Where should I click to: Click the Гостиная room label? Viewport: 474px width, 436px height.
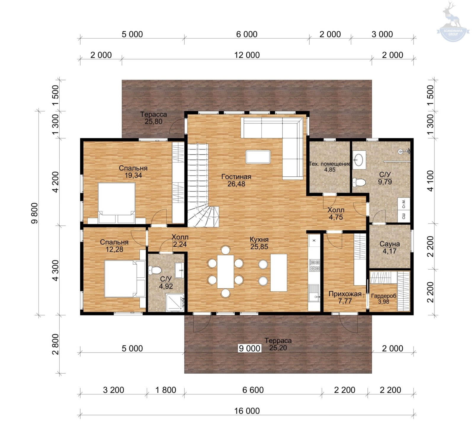coord(236,177)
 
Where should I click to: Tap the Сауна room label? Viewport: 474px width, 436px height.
coord(390,244)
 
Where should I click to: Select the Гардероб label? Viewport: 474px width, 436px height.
coord(384,296)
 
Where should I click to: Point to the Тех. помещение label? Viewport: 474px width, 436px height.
coord(330,164)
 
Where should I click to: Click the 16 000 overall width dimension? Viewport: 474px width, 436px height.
coord(247,411)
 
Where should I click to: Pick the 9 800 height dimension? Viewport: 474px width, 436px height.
coord(35,213)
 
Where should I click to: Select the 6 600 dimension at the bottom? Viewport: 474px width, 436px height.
coord(253,390)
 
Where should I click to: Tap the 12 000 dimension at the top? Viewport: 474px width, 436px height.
coord(247,55)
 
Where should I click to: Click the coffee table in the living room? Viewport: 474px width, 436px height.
coord(258,157)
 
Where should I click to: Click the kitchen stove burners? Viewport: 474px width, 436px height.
coord(314,265)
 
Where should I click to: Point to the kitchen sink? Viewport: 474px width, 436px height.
coord(314,293)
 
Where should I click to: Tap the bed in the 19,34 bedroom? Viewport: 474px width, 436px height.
coord(116,203)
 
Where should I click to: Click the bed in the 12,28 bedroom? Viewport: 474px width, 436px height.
coord(124,279)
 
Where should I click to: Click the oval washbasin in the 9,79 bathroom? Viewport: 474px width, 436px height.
coord(359,160)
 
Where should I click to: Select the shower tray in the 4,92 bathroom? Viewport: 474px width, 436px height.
coord(175,302)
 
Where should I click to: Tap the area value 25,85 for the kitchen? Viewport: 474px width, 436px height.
coord(259,247)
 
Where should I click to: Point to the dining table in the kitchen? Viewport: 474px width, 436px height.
coord(225,271)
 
